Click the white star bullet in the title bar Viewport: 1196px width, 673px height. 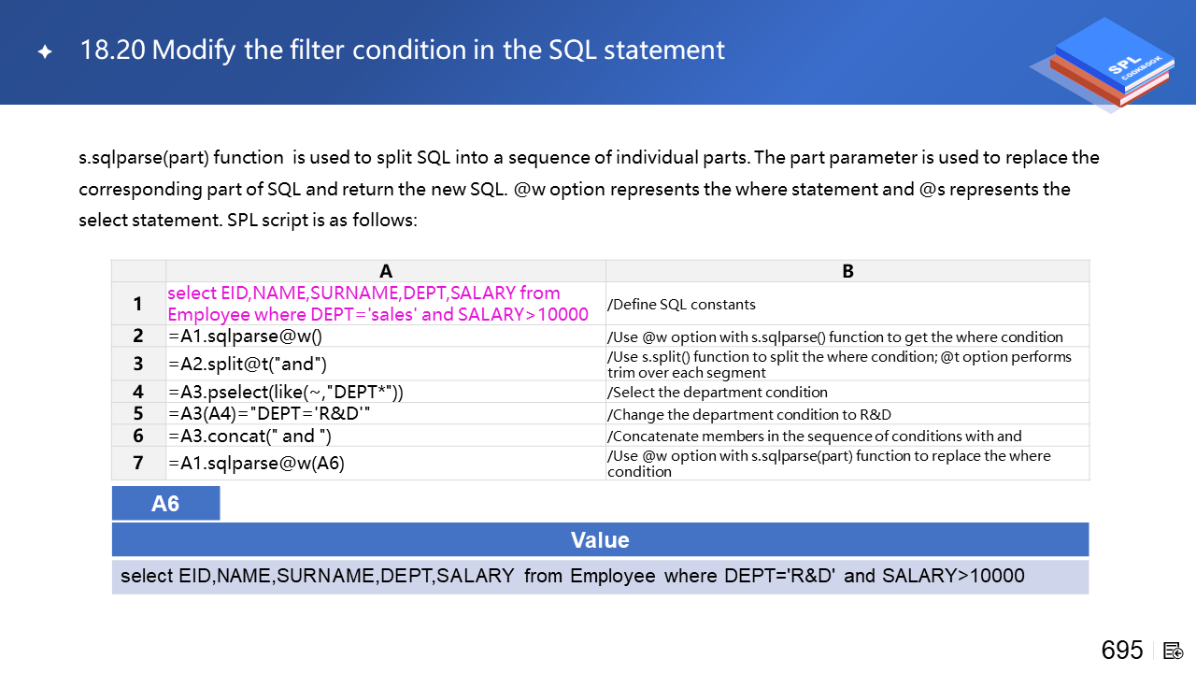(x=45, y=51)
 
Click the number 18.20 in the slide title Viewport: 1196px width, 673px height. (x=112, y=50)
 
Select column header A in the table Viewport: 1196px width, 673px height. (x=386, y=271)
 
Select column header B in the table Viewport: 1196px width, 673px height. (x=847, y=271)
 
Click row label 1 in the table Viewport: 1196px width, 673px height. (x=137, y=304)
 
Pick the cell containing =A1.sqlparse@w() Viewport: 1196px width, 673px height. (x=386, y=336)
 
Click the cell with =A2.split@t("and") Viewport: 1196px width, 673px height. (x=386, y=364)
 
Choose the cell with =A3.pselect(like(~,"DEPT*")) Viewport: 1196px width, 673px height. (x=386, y=392)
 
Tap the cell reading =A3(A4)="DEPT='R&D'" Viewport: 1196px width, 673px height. (x=386, y=413)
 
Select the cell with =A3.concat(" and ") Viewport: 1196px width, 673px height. (x=386, y=436)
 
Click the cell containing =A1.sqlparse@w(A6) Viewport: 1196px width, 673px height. (x=386, y=463)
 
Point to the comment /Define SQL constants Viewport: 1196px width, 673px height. (x=681, y=305)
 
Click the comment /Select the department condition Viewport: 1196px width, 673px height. (x=717, y=392)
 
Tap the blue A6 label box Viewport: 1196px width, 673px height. (x=165, y=503)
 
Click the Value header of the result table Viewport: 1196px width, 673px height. (x=600, y=539)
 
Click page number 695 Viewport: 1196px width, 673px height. (x=1122, y=650)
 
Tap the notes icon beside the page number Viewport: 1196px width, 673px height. (x=1173, y=652)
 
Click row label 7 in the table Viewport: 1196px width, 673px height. (x=137, y=463)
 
